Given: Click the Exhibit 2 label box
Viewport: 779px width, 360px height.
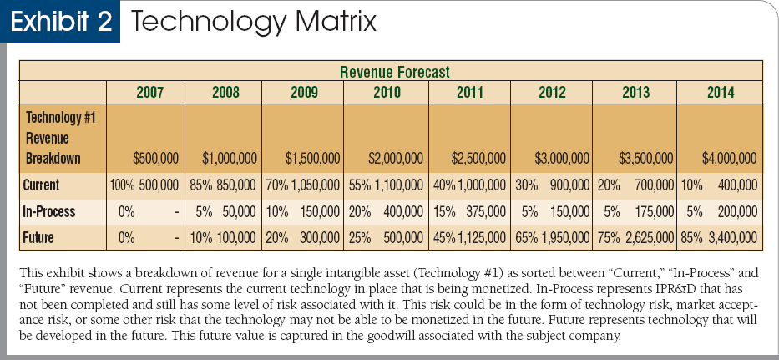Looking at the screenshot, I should (60, 22).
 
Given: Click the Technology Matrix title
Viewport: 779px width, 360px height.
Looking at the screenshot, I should (254, 22).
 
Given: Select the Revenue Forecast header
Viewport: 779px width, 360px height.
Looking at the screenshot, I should (395, 72).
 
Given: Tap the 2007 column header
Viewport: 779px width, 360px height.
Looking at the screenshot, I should (149, 92).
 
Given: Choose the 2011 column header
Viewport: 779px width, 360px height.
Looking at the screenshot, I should (469, 92).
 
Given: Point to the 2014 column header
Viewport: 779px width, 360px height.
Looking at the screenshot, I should (720, 92).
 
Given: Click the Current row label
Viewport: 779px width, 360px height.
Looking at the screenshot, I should (42, 185).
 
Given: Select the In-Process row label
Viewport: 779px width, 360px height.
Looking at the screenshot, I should (50, 211).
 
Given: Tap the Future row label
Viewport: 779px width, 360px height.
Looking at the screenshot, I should (39, 238).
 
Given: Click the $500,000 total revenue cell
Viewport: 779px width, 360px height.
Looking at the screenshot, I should (155, 158).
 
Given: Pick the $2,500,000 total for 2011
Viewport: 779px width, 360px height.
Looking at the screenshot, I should (478, 158).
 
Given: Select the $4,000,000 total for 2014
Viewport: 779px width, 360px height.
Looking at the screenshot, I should (729, 158).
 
